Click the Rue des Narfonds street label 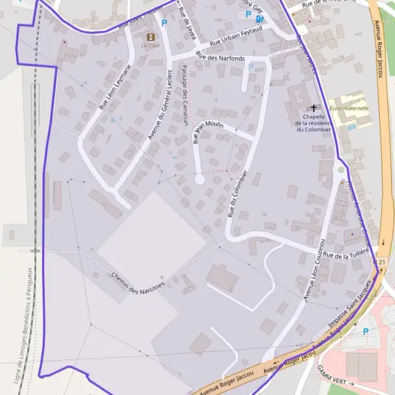pyautogui.click(x=221, y=59)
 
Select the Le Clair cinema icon pyautogui.click(x=151, y=38)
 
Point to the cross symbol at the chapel pyautogui.click(x=314, y=107)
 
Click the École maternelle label pyautogui.click(x=349, y=108)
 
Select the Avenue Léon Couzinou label pyautogui.click(x=315, y=270)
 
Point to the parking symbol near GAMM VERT pyautogui.click(x=365, y=332)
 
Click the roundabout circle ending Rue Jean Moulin pyautogui.click(x=199, y=179)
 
